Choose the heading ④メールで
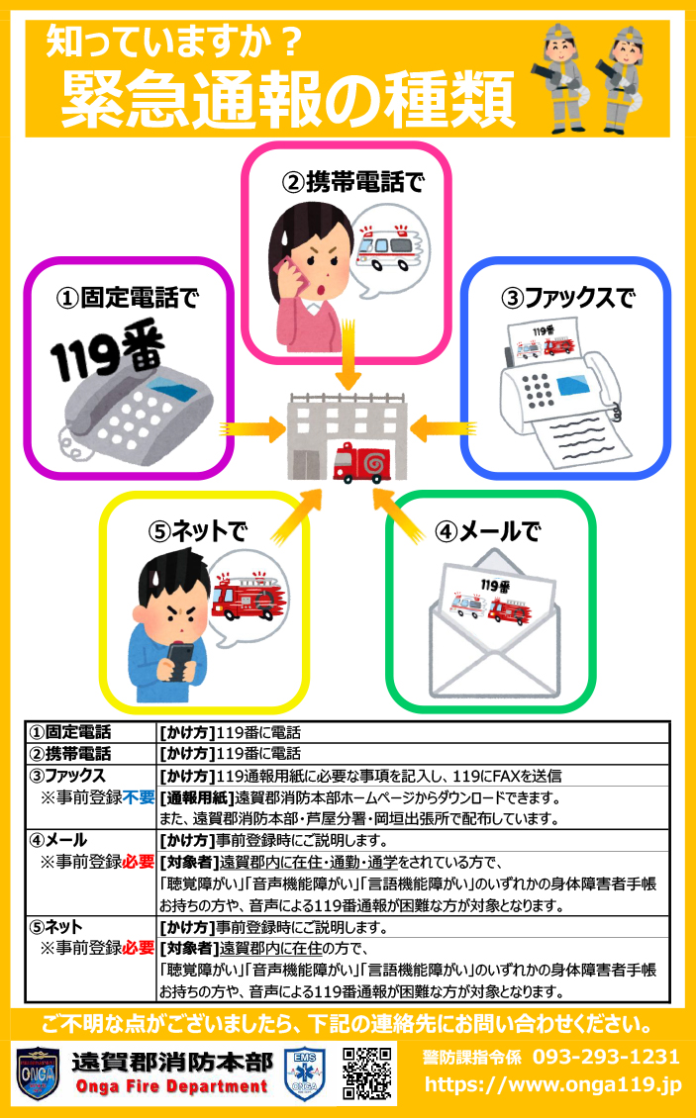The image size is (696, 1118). [x=488, y=531]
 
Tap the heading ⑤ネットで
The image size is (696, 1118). [x=197, y=531]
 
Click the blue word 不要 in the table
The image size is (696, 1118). [x=139, y=797]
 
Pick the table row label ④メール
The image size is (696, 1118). [x=59, y=840]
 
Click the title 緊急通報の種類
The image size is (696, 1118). [x=287, y=97]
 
